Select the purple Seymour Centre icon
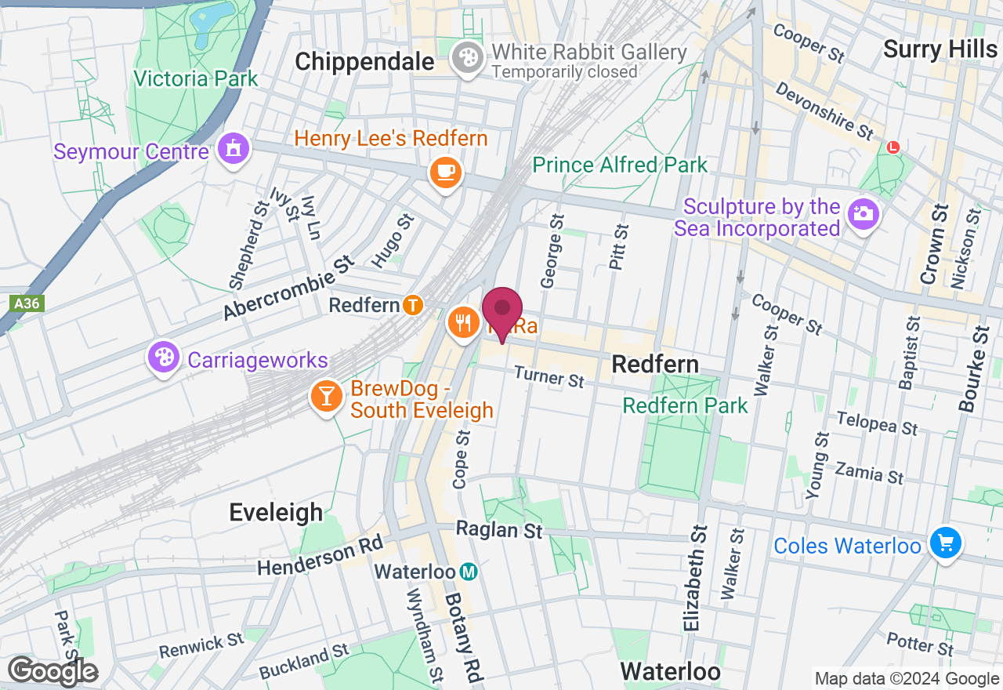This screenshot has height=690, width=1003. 232,149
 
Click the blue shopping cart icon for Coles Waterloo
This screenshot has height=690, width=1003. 945,543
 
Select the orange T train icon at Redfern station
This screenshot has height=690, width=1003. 414,305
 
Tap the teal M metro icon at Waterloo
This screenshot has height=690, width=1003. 468,572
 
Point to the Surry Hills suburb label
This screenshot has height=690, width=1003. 940,49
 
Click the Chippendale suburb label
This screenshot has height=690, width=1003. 364,61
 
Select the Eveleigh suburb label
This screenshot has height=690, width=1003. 276,513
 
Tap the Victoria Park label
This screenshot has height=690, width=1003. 195,79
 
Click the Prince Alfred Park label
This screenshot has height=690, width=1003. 620,165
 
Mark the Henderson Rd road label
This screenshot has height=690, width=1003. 320,556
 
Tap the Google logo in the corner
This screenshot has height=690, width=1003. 53,672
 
